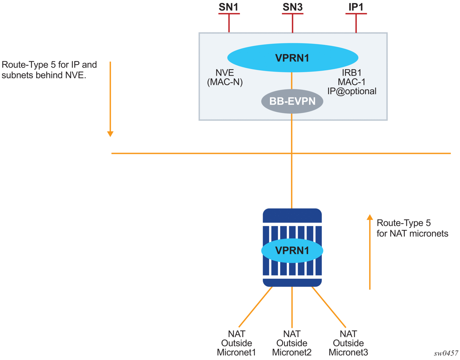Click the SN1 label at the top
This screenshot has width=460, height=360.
click(x=228, y=7)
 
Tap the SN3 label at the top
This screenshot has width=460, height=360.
click(x=292, y=7)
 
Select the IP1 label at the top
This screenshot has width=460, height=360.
click(x=356, y=7)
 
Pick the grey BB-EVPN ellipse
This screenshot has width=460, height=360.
click(x=292, y=101)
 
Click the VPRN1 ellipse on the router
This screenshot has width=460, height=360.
click(x=292, y=251)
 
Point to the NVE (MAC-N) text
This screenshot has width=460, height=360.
click(x=225, y=78)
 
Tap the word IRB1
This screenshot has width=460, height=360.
click(x=351, y=73)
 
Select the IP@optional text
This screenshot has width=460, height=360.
click(x=352, y=91)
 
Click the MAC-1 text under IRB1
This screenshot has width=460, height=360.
click(x=351, y=82)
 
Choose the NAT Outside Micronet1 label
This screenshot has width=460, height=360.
click(x=236, y=343)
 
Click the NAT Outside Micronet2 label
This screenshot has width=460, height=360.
click(x=292, y=343)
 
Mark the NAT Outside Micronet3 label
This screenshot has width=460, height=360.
click(x=348, y=343)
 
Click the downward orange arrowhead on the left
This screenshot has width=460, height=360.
click(x=110, y=134)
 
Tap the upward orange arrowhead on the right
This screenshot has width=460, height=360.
click(x=370, y=217)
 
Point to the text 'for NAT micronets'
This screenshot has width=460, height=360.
click(x=412, y=234)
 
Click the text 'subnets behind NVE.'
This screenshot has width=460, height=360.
click(x=44, y=75)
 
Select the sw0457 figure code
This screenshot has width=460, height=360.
click(x=446, y=353)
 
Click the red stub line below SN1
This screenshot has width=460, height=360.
click(x=229, y=23)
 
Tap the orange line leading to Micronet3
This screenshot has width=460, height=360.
click(x=329, y=307)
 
